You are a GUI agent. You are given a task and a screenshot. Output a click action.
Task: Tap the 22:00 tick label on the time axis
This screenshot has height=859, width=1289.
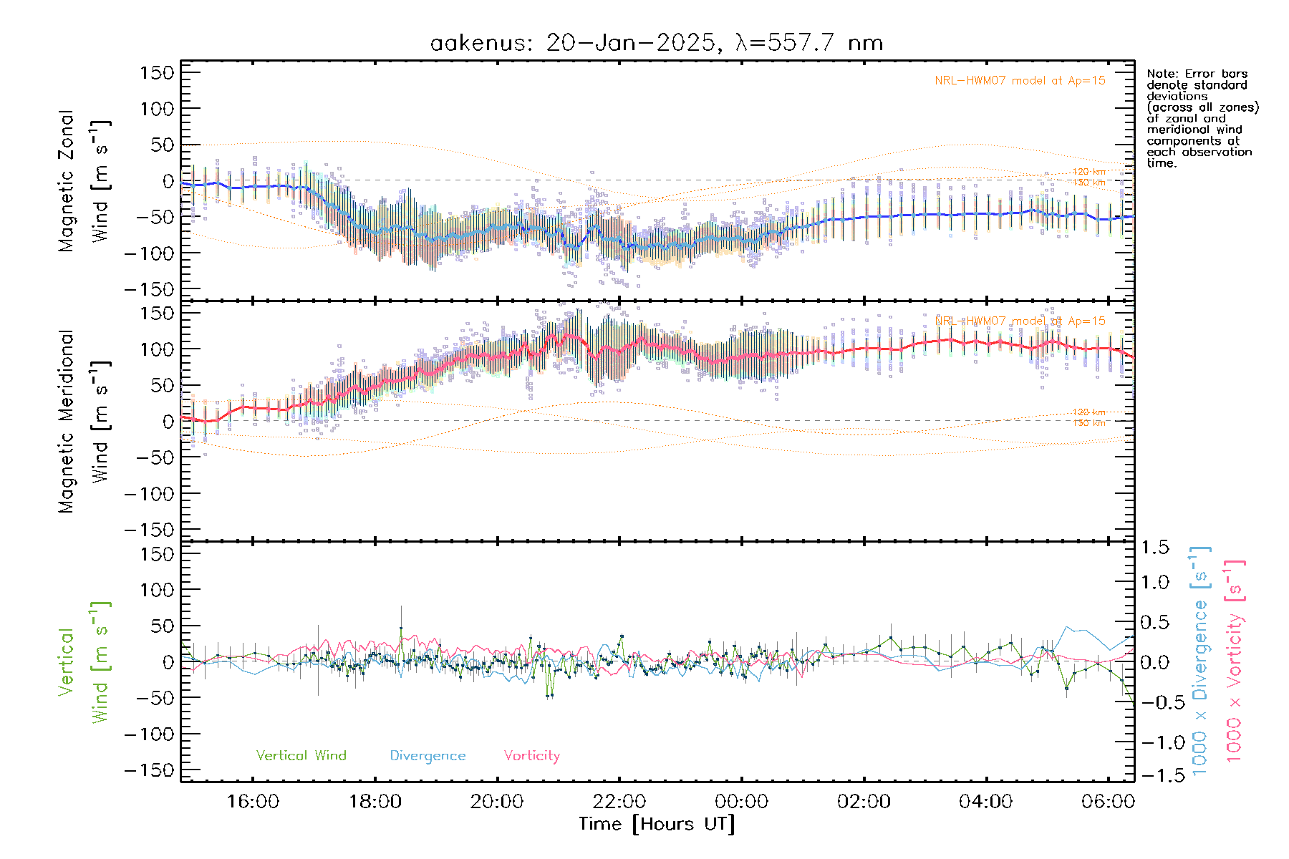[619, 801]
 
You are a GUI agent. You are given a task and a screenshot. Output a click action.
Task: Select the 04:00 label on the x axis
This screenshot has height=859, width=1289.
[985, 801]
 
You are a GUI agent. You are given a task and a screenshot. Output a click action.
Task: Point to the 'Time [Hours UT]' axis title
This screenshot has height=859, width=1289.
[657, 824]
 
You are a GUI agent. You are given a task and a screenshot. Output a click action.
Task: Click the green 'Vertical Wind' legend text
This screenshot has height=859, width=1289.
[301, 755]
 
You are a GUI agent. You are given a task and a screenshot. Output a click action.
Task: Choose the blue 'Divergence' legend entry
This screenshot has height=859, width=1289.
[428, 756]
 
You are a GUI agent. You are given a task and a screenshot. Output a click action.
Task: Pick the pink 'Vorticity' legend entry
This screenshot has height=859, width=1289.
[531, 755]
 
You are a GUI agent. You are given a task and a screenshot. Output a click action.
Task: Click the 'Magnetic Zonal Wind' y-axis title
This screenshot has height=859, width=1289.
[85, 180]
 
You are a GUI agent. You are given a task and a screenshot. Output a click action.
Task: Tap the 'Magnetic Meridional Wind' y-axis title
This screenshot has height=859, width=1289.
[85, 421]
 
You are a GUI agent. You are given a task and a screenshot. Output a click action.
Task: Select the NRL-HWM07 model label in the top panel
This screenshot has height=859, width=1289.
[1020, 81]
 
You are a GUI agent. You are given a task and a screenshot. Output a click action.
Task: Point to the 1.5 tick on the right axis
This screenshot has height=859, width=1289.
[1154, 548]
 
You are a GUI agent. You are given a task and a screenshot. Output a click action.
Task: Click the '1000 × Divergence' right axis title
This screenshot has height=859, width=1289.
[1199, 660]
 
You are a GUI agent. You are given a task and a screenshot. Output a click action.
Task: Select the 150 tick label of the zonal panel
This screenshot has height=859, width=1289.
[157, 72]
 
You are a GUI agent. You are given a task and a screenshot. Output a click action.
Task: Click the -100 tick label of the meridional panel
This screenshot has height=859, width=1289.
[149, 494]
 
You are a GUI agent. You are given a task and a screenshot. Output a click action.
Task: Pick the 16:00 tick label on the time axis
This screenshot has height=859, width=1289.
[253, 801]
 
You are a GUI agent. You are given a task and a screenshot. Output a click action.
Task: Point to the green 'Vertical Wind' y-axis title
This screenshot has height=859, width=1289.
[85, 662]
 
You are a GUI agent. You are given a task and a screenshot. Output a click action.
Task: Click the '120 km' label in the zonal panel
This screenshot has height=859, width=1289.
[1088, 172]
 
